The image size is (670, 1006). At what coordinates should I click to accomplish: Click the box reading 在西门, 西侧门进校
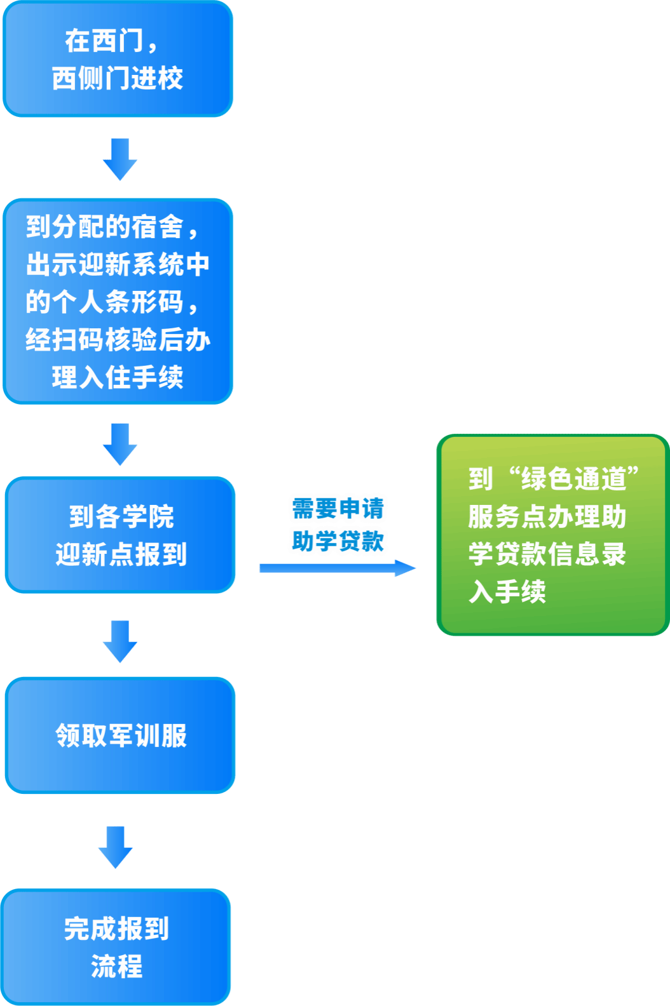tap(118, 59)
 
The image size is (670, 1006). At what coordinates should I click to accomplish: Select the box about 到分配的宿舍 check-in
tap(118, 301)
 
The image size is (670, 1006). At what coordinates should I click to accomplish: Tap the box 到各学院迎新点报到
tap(120, 535)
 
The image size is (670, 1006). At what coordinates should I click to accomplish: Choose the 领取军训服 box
tap(120, 735)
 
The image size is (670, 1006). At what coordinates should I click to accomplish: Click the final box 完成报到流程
tap(116, 947)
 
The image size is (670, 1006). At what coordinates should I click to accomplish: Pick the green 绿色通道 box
tap(552, 535)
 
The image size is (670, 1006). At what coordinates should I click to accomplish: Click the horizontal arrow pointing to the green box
tap(337, 568)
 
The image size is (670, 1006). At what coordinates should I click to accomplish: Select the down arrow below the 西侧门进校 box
tap(120, 159)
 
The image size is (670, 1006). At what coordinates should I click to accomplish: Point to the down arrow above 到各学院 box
tap(120, 444)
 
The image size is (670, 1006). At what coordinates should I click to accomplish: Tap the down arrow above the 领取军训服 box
tap(120, 641)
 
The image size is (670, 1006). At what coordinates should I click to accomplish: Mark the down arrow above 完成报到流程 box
tap(115, 847)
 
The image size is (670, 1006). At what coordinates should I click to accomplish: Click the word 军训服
tap(148, 735)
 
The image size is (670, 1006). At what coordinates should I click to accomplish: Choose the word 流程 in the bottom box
tap(116, 966)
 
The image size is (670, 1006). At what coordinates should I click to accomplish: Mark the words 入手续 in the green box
tap(507, 591)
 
